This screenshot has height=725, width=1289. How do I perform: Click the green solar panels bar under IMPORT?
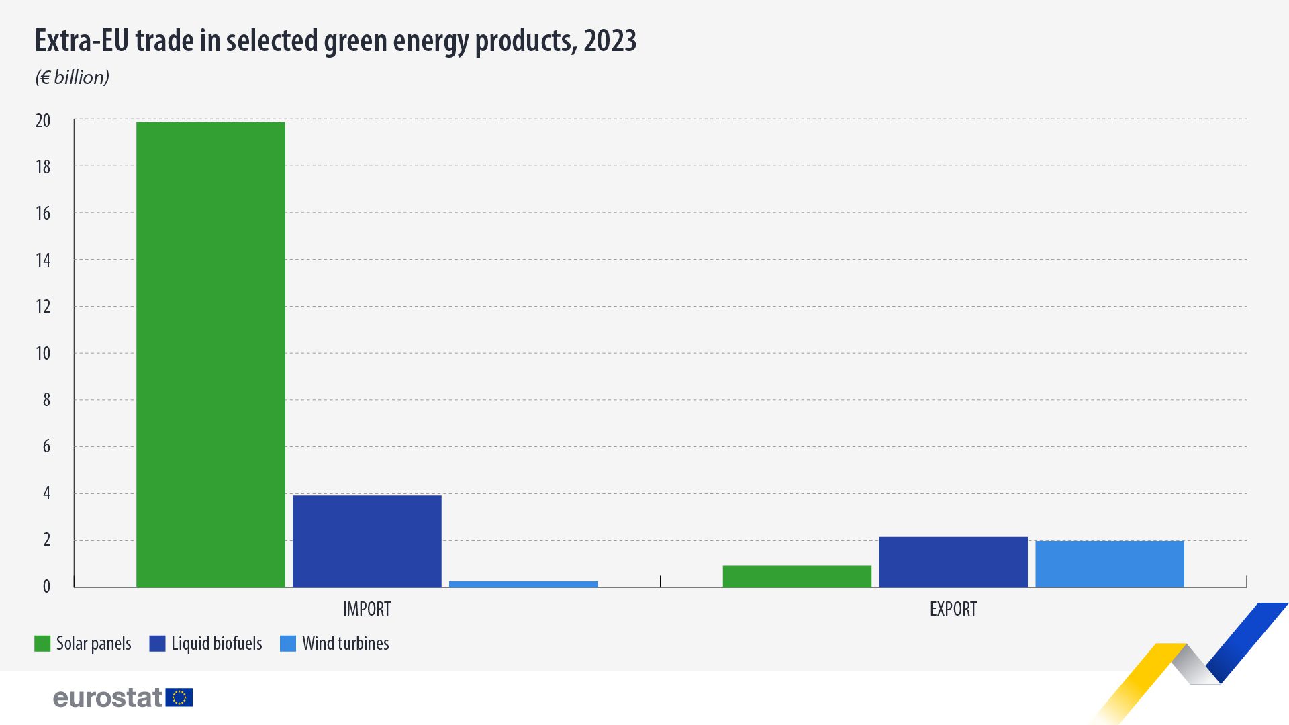210,354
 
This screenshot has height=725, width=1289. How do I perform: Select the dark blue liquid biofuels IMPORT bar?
367,541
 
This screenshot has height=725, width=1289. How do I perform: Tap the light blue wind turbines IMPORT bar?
523,584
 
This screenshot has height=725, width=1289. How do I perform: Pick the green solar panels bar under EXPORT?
797,577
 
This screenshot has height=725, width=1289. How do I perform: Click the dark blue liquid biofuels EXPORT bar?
953,562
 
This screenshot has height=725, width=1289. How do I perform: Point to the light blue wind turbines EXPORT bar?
1110,564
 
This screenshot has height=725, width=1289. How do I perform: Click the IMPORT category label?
367,609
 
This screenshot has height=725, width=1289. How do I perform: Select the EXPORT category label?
953,609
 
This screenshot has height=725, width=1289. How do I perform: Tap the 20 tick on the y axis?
43,121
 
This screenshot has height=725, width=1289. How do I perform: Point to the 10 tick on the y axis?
43,354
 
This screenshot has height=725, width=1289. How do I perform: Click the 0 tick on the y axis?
46,587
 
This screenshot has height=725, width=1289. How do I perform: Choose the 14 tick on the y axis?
43,260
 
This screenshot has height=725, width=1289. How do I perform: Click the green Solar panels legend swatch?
42,644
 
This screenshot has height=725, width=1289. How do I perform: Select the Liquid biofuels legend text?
216,644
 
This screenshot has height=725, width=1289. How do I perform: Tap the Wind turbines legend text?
345,644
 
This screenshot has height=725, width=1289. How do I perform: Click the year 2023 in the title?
610,41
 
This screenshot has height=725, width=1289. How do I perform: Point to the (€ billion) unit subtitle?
73,78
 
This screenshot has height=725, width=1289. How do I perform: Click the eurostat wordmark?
107,698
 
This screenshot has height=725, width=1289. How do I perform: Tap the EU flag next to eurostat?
179,697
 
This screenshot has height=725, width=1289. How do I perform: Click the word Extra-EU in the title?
82,41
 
